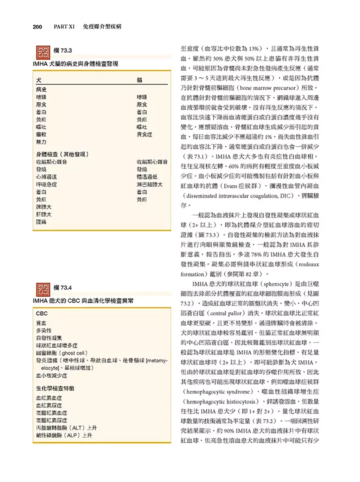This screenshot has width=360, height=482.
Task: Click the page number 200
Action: click(x=37, y=27)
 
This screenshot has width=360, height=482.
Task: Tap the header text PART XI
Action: click(x=64, y=27)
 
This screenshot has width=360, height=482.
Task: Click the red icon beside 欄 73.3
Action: click(x=43, y=53)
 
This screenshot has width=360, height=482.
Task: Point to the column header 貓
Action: click(x=140, y=80)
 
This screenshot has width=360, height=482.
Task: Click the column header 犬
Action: click(x=39, y=80)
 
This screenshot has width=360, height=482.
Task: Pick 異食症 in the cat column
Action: click(x=144, y=135)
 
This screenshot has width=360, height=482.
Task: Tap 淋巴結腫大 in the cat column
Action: click(x=149, y=185)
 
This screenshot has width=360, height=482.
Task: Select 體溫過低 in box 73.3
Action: click(x=147, y=177)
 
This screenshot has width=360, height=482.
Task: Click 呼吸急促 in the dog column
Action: click(x=46, y=185)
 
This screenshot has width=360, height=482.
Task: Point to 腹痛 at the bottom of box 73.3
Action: click(x=41, y=222)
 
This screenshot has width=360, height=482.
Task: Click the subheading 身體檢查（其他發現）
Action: click(x=62, y=154)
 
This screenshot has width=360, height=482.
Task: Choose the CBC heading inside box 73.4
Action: click(x=41, y=314)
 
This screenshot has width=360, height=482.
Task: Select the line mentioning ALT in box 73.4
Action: click(x=66, y=428)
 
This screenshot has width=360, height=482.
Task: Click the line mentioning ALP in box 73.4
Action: click(x=64, y=435)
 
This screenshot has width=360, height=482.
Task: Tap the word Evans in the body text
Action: click(x=231, y=186)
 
